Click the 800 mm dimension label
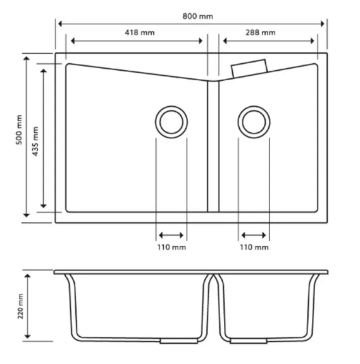click(197, 16)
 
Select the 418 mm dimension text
click(139, 32)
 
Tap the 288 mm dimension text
click(261, 32)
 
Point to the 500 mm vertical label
click(19, 130)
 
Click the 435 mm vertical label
click(35, 141)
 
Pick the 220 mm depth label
click(20, 306)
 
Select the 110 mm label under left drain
click(171, 247)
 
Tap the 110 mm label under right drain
click(254, 247)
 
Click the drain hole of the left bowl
click(171, 122)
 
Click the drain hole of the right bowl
click(254, 122)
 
